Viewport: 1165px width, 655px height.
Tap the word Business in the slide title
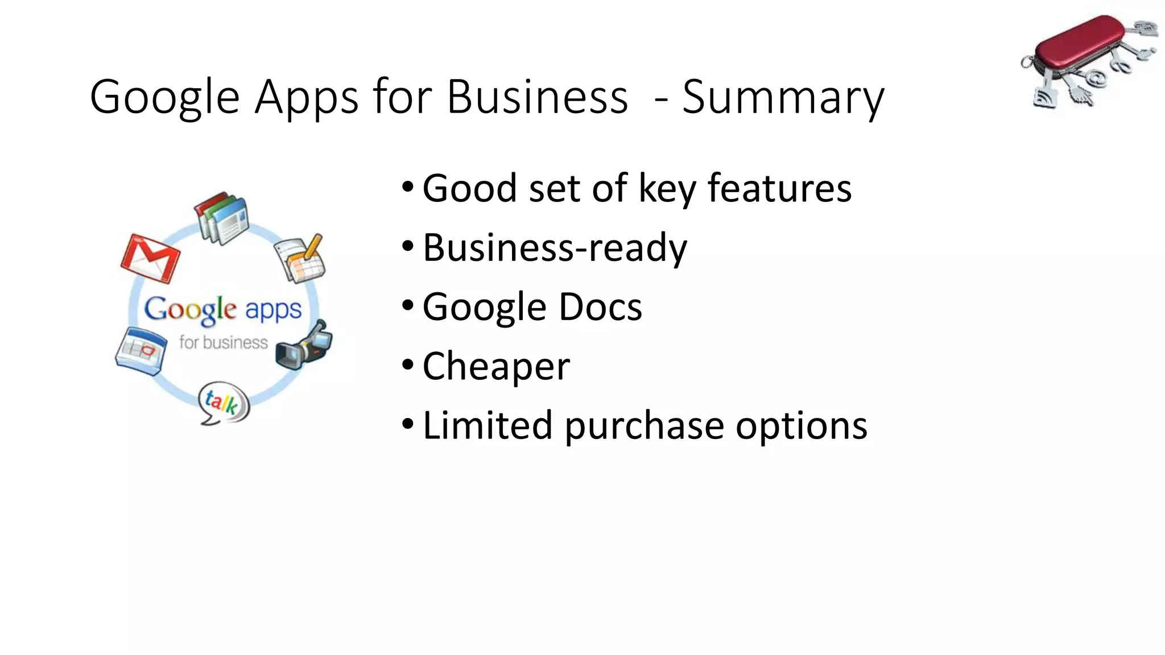click(x=537, y=97)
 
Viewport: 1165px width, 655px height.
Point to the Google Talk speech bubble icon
click(x=224, y=403)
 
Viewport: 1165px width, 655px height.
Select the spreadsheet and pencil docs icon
click(x=301, y=258)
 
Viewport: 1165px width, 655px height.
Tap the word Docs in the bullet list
click(x=600, y=306)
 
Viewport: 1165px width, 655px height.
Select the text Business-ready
click(x=555, y=248)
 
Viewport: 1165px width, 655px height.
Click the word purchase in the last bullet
click(x=644, y=426)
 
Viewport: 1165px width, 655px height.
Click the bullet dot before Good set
click(x=407, y=186)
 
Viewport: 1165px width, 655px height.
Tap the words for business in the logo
click(x=223, y=342)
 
